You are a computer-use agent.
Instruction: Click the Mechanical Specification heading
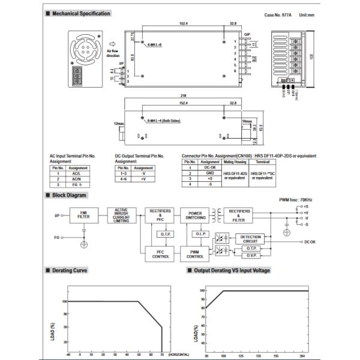click(x=81, y=13)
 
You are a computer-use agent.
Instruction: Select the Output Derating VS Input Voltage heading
click(x=232, y=271)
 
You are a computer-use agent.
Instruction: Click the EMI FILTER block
click(x=83, y=215)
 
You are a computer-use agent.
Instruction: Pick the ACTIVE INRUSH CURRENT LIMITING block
click(x=122, y=215)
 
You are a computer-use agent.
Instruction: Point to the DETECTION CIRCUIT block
click(x=251, y=238)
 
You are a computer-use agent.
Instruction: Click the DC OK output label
click(x=313, y=242)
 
